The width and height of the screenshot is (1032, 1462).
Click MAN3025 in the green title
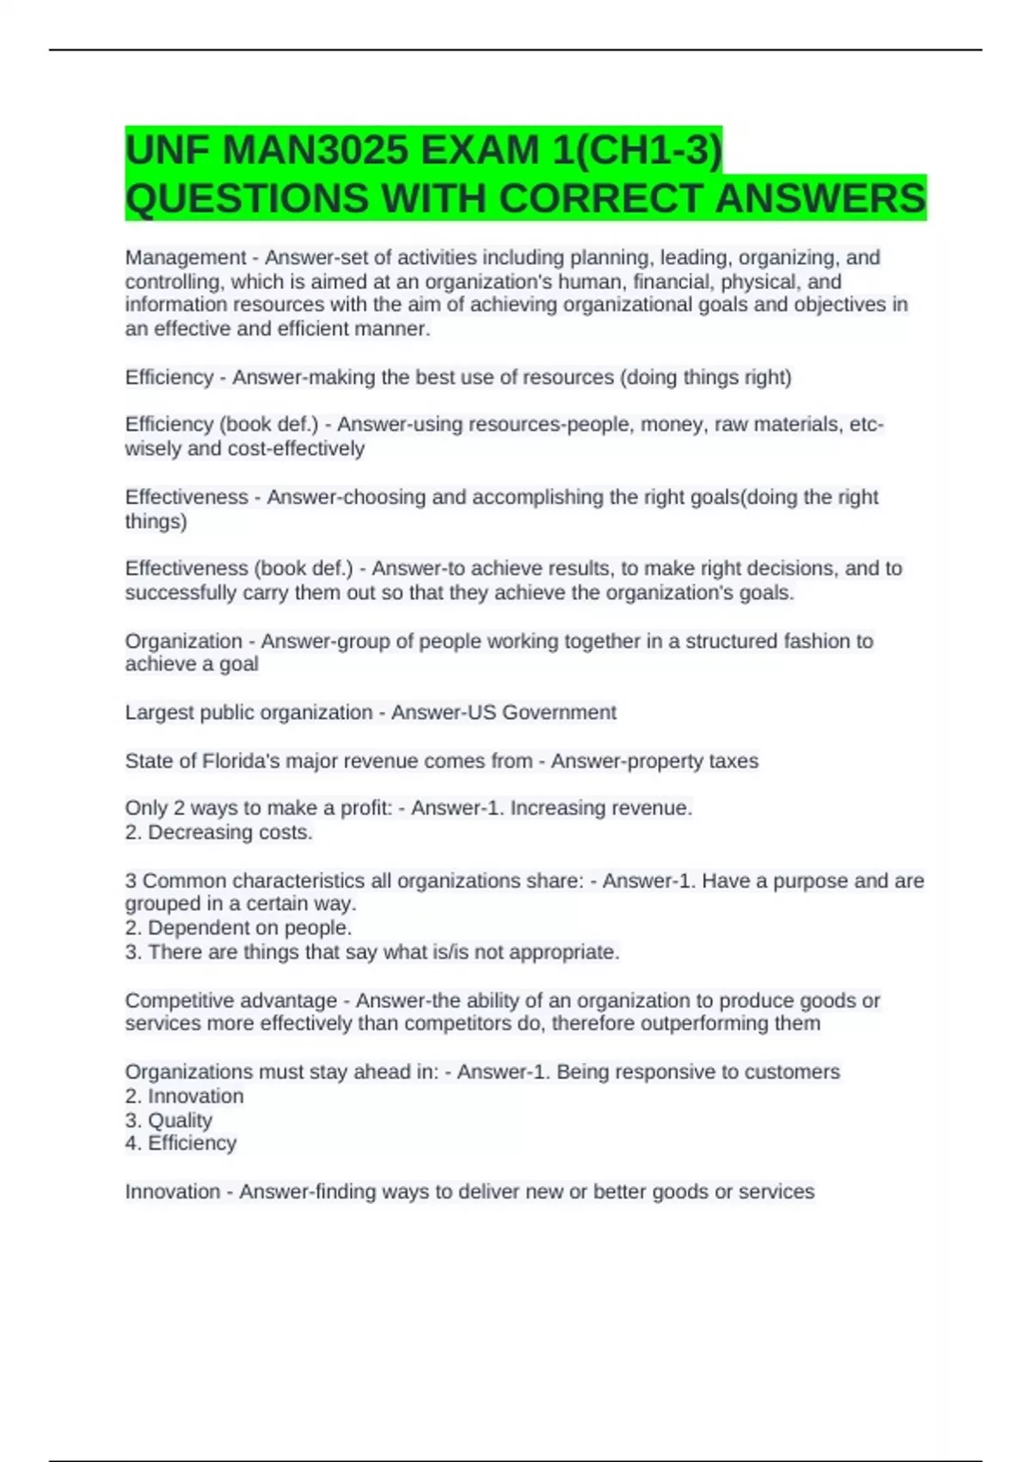pos(315,151)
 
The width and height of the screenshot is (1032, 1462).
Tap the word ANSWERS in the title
pos(820,199)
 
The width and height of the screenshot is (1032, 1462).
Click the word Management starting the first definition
pos(185,258)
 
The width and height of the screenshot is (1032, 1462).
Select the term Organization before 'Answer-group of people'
pos(183,642)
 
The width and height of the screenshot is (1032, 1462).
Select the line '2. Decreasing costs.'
pos(218,832)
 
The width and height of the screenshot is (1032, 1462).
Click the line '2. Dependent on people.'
pos(238,928)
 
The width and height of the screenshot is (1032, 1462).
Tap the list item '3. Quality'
pos(169,1121)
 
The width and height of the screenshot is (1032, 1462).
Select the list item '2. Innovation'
pos(184,1096)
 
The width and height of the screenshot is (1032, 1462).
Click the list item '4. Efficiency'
pos(181,1144)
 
